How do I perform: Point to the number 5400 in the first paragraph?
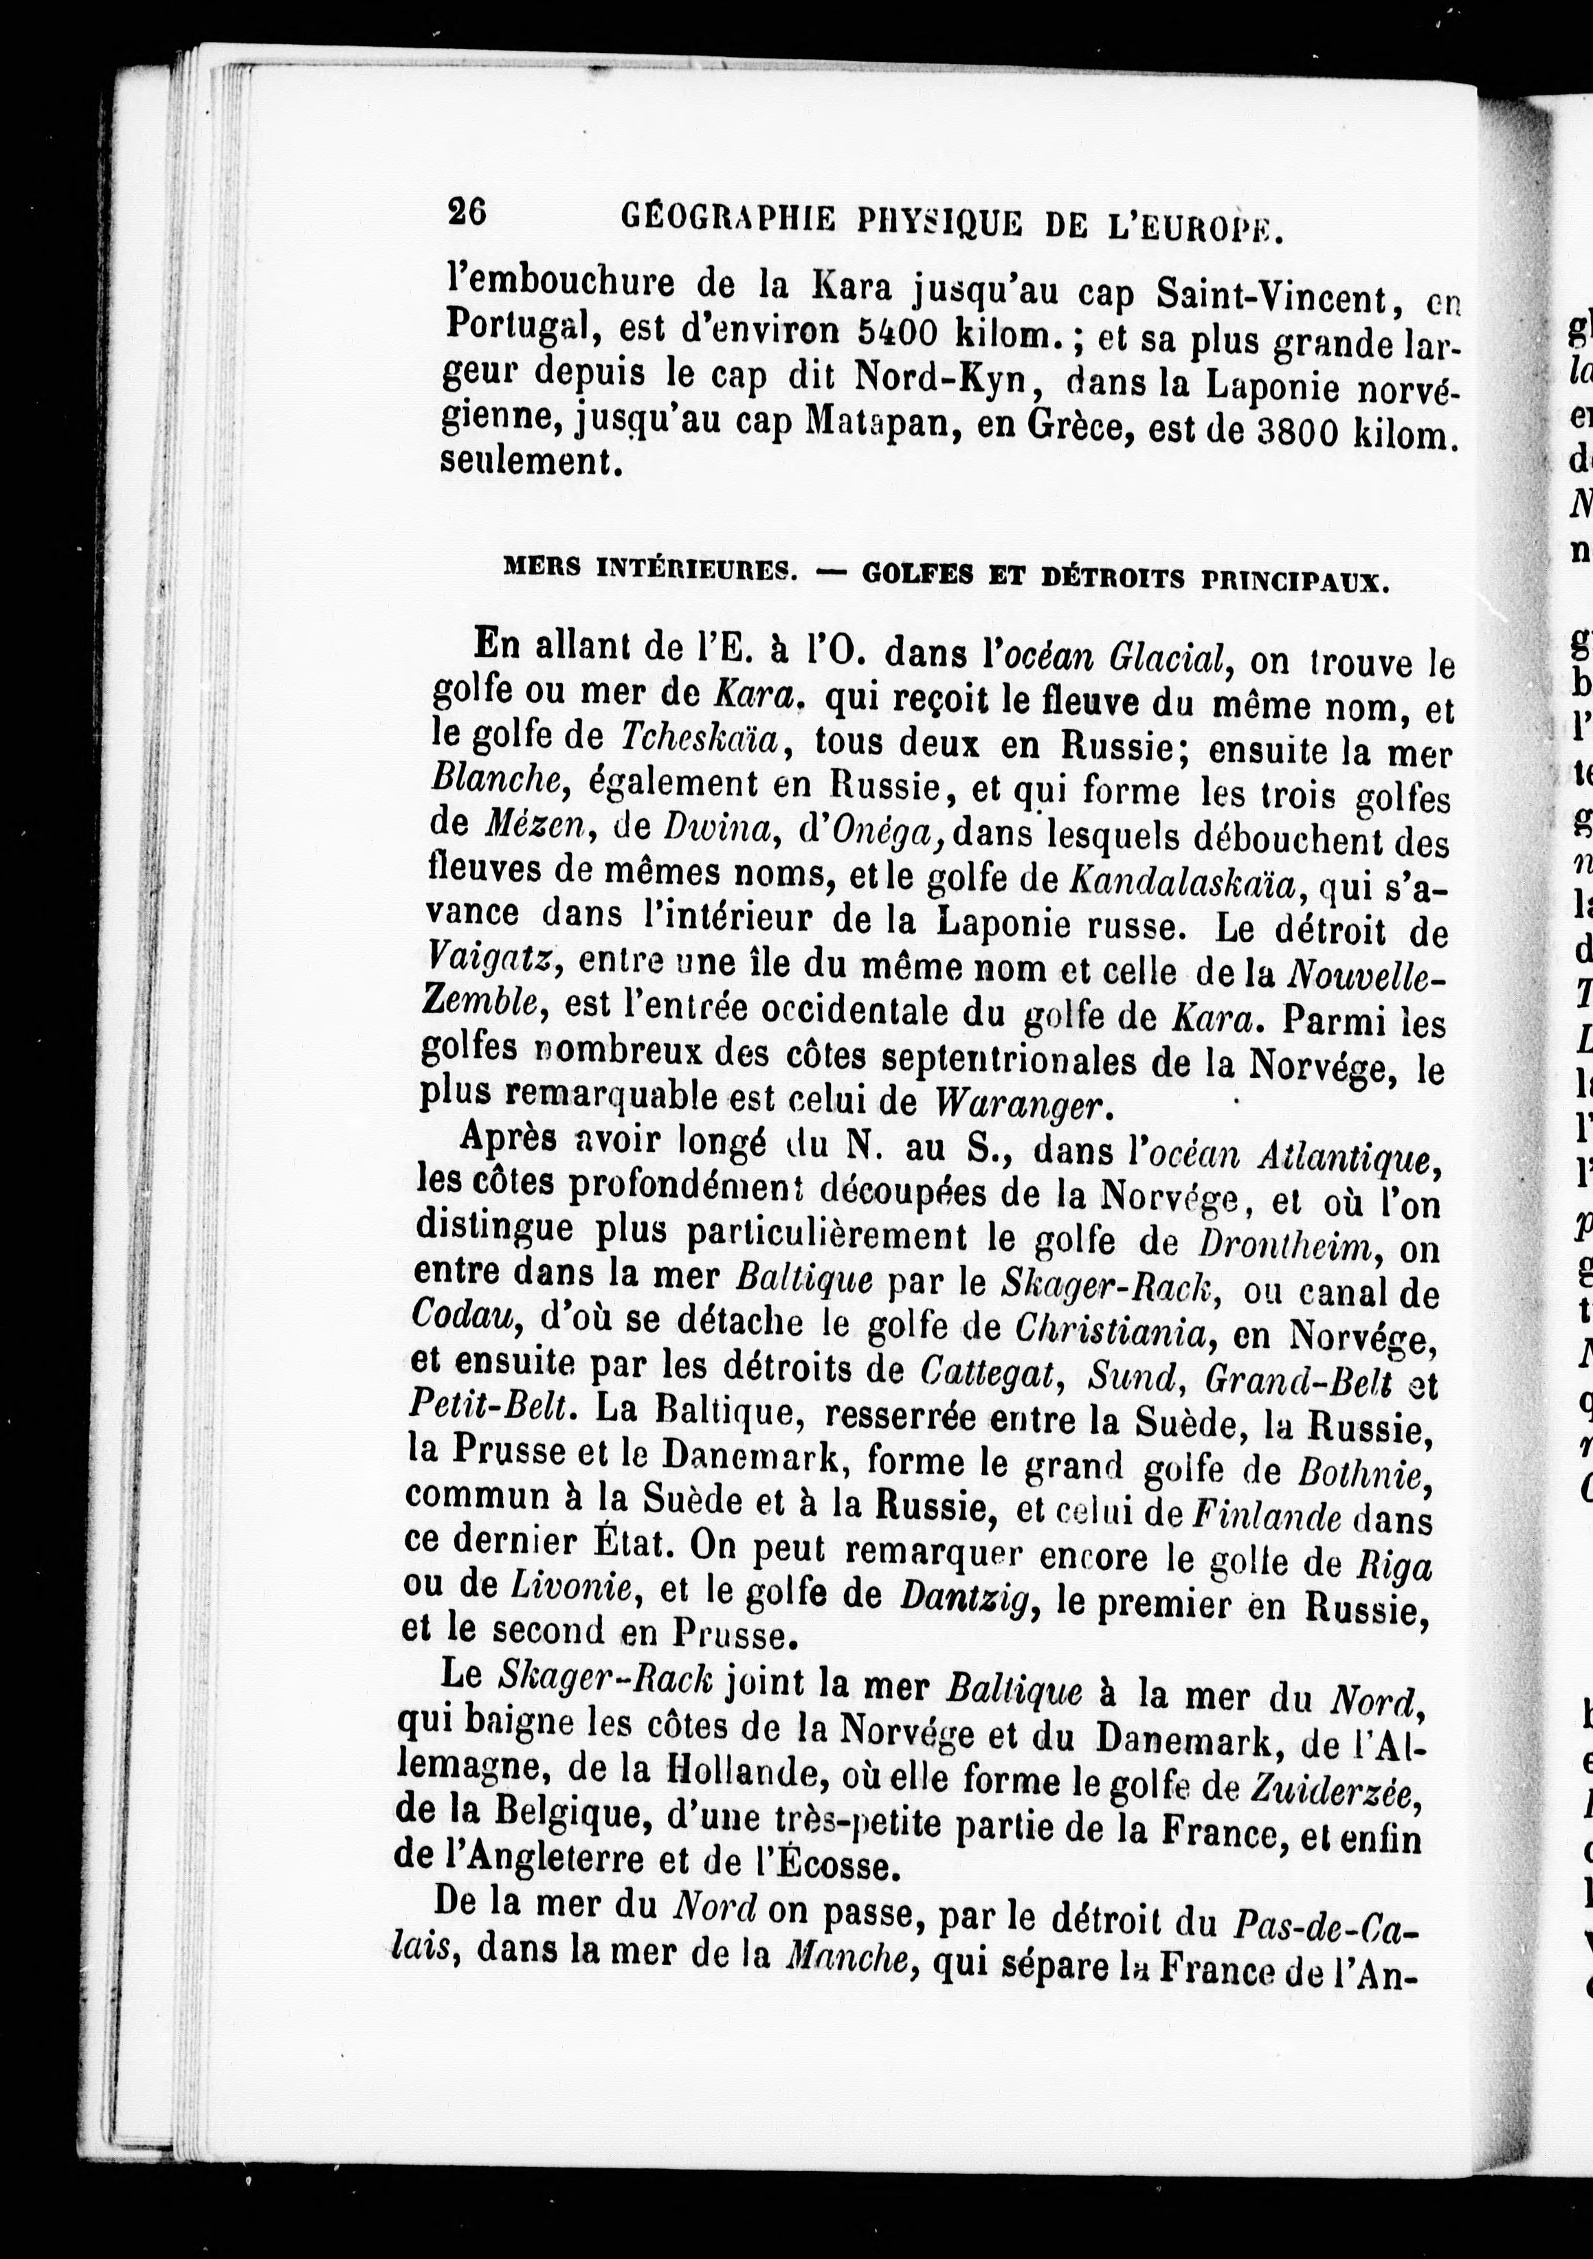pyautogui.click(x=898, y=332)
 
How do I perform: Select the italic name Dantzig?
pyautogui.click(x=966, y=1598)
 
